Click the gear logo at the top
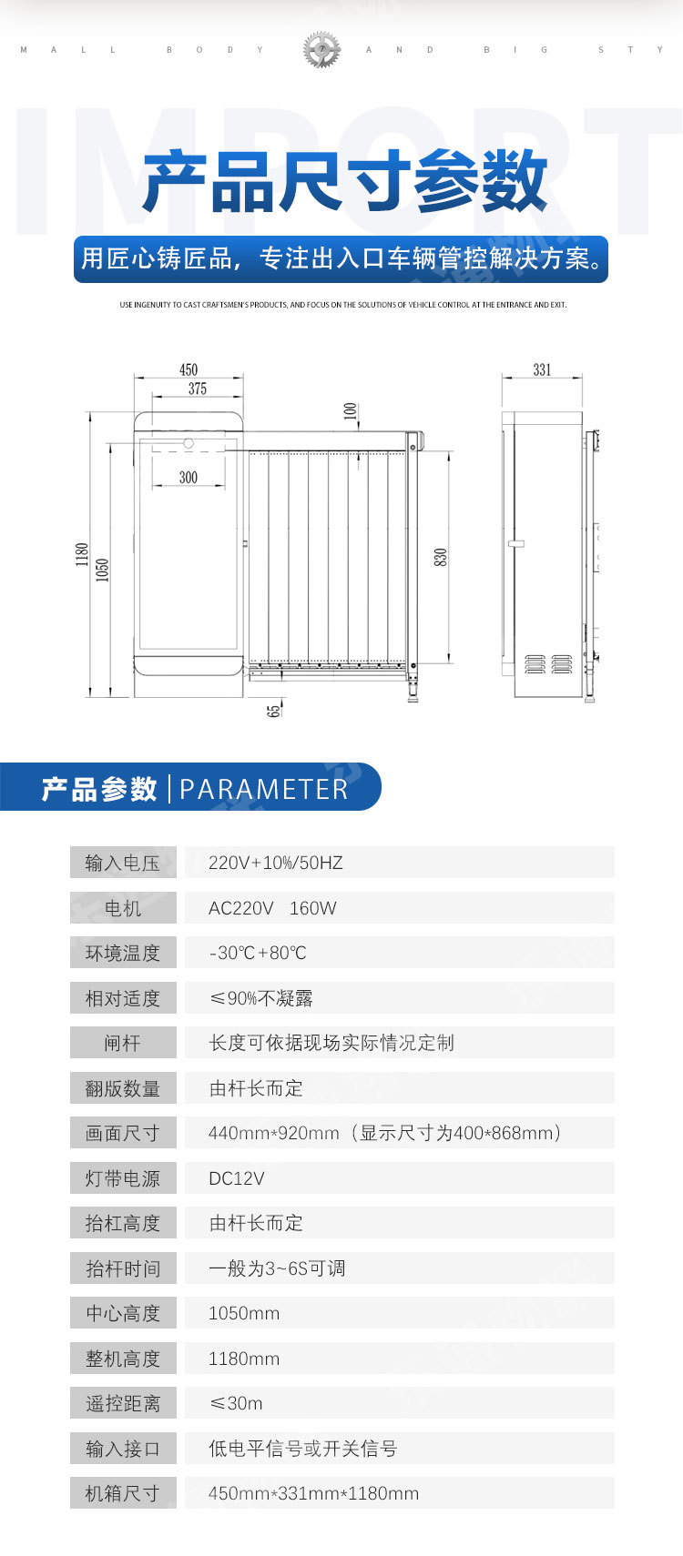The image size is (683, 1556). [x=321, y=49]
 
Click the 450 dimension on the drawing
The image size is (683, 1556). [x=189, y=369]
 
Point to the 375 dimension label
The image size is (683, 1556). [x=198, y=389]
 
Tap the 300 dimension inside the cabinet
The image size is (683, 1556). [x=189, y=477]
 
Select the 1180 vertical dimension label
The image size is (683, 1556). [x=82, y=554]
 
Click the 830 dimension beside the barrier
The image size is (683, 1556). [x=441, y=558]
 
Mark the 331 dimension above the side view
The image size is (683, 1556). [x=542, y=369]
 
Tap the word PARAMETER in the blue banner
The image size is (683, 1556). [x=264, y=789]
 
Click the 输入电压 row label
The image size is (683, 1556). [x=123, y=863]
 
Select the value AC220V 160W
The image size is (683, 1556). [x=272, y=908]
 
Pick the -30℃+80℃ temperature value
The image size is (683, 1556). [x=258, y=953]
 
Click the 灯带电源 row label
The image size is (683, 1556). [x=123, y=1178]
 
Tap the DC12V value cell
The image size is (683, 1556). [x=237, y=1178]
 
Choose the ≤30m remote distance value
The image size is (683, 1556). [x=237, y=1403]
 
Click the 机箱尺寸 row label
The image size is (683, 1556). [x=123, y=1493]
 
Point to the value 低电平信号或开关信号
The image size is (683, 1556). [x=303, y=1449]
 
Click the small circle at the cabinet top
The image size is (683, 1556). [x=189, y=443]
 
